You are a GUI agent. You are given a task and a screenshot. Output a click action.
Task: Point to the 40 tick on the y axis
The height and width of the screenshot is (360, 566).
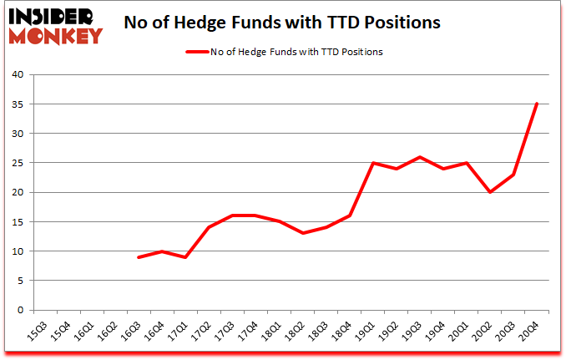tap(18, 74)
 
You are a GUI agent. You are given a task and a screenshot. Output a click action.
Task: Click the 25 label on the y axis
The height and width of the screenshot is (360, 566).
tap(18, 163)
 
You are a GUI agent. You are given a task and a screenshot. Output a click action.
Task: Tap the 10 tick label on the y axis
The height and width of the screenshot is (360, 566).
tap(18, 251)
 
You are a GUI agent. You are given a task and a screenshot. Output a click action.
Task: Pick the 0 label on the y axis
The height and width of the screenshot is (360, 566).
tap(21, 310)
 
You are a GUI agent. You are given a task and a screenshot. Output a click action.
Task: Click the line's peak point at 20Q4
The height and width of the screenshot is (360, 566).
tap(537, 104)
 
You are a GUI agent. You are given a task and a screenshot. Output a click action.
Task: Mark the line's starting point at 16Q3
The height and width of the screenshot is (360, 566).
tap(139, 257)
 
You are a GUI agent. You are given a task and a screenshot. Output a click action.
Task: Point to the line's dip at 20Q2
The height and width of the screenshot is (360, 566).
tap(489, 192)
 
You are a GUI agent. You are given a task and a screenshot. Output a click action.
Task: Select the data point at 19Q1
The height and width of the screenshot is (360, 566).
tap(373, 163)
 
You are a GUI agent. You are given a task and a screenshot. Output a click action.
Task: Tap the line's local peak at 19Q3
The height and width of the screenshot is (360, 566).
tap(420, 157)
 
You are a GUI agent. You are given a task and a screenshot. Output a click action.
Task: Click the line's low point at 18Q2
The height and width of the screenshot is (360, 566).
tap(304, 233)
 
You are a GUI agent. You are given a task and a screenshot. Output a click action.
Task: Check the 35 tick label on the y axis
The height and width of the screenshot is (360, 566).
tap(18, 104)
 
